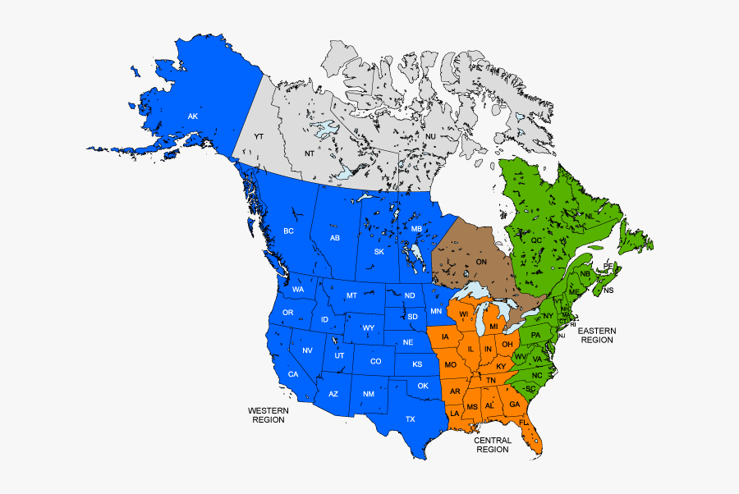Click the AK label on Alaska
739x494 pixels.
(x=192, y=117)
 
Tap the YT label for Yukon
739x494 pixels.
(x=259, y=135)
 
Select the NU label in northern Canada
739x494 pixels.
(x=430, y=136)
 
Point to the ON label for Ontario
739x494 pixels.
(x=481, y=262)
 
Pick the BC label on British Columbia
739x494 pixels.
(x=288, y=231)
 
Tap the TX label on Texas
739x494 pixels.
(x=410, y=419)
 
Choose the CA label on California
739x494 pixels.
(x=292, y=374)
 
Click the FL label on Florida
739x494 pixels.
(x=523, y=423)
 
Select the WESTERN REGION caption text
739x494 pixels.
(x=268, y=414)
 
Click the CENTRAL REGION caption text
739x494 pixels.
(x=492, y=445)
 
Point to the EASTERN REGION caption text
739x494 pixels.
(x=597, y=335)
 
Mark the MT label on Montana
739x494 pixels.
(x=351, y=295)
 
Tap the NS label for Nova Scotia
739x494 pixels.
(x=608, y=290)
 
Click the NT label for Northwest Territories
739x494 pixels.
(x=310, y=153)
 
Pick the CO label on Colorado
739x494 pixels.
(x=375, y=361)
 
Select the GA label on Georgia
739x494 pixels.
(x=514, y=405)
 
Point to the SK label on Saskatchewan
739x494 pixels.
(x=379, y=252)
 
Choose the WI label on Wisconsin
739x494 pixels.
(x=464, y=313)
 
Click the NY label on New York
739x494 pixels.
(x=548, y=316)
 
